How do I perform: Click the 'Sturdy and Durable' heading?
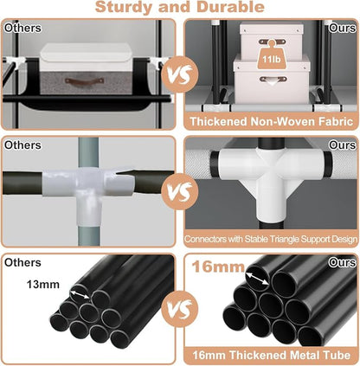180,7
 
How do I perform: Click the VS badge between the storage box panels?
180,74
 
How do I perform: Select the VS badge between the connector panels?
180,191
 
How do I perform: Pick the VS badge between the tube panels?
180,309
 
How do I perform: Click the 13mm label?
43,285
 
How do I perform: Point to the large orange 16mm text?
218,266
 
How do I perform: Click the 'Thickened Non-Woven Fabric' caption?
272,121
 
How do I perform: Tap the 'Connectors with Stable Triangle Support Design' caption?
271,239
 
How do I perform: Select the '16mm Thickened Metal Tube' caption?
272,355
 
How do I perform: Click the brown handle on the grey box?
84,80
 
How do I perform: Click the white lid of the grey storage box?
86,57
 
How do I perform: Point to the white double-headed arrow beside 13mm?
80,295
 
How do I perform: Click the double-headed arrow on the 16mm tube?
257,276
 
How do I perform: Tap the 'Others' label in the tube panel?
22,263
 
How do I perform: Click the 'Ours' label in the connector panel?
342,145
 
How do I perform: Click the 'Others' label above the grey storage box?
22,29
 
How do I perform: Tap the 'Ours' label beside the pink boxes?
342,29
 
